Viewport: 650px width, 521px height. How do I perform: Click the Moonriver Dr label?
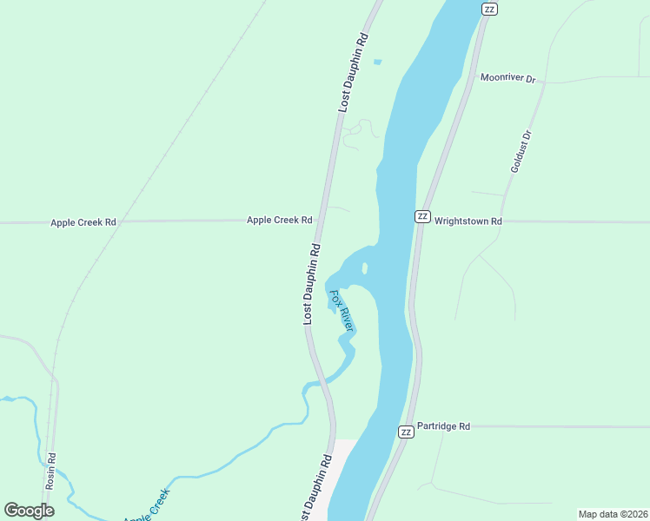point(508,78)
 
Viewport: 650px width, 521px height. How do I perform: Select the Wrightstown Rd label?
point(468,221)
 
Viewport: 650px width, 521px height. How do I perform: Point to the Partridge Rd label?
point(443,426)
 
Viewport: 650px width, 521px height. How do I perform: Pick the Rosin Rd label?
point(51,470)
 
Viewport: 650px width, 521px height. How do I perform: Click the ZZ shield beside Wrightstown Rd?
point(422,216)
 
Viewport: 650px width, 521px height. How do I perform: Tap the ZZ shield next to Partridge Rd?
point(405,432)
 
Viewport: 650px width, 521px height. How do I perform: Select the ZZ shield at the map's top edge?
point(489,9)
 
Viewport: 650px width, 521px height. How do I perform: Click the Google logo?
point(30,511)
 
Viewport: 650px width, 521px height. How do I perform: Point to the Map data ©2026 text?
point(613,514)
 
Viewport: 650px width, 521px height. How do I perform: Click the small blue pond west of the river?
point(377,62)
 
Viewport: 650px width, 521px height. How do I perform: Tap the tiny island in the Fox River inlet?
point(365,267)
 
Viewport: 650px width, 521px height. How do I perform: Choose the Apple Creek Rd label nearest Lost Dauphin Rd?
point(279,221)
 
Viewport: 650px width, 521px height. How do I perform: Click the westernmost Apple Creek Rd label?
point(83,222)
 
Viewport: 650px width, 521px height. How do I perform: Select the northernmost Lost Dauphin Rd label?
point(354,73)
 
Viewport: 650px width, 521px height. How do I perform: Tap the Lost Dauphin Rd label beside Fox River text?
point(311,284)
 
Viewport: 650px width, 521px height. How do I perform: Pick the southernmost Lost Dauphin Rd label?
point(315,486)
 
